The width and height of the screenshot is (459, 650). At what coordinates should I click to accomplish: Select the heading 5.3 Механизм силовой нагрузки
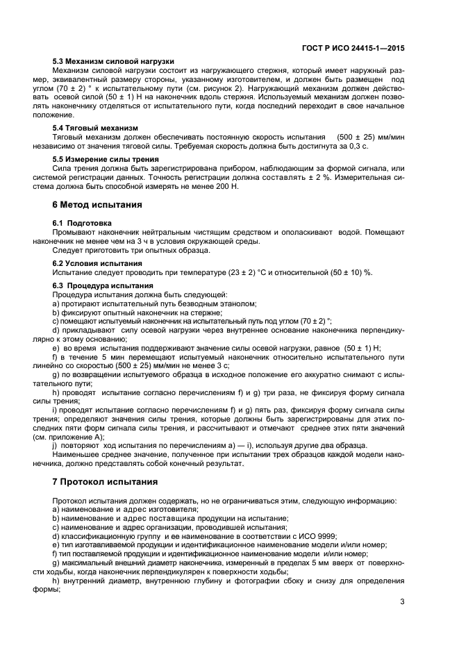pyautogui.click(x=113, y=61)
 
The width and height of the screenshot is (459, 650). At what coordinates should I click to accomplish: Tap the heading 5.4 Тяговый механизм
pyautogui.click(x=95, y=128)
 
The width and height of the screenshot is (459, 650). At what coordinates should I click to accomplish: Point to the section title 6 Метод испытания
pyautogui.click(x=97, y=205)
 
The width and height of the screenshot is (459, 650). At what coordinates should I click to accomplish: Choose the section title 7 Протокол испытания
pyautogui.click(x=105, y=481)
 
